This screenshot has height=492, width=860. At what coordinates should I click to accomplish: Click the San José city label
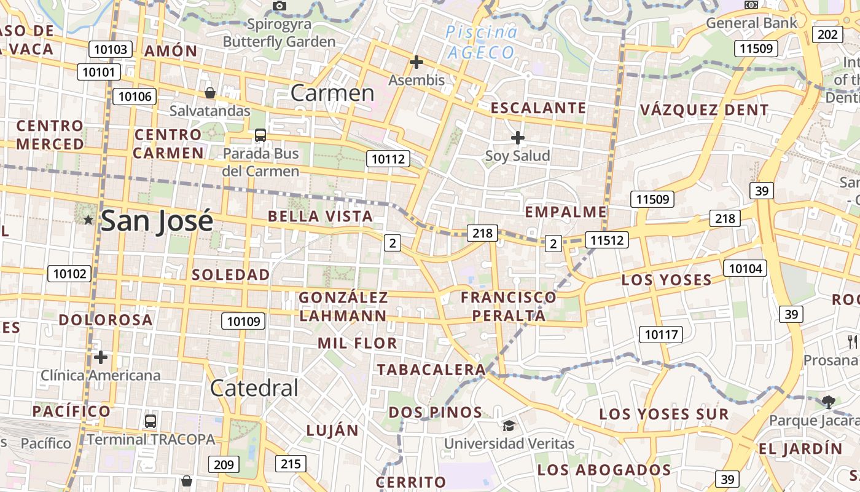[157, 221]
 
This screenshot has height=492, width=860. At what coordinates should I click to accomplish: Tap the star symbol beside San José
[88, 220]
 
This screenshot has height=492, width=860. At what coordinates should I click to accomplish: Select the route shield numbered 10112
[388, 159]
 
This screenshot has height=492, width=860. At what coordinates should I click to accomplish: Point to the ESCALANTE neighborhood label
[538, 108]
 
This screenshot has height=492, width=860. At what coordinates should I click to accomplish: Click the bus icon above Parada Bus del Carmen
[260, 135]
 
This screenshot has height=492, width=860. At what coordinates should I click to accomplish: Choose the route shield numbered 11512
[606, 240]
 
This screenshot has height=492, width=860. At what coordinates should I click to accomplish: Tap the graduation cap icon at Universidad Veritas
[509, 426]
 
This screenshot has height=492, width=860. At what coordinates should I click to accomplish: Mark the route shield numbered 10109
[244, 320]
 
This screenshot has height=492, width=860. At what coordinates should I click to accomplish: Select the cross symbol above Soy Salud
[518, 138]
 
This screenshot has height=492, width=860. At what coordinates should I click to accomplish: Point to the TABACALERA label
[431, 370]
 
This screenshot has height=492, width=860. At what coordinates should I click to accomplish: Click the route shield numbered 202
[827, 34]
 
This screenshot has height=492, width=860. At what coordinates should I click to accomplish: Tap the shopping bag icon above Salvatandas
[210, 93]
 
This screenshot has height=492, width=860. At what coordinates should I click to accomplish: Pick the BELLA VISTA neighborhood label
[320, 216]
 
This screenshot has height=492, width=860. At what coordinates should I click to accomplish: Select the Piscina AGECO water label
[482, 42]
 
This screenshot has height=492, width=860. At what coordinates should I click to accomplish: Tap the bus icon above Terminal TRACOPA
[150, 421]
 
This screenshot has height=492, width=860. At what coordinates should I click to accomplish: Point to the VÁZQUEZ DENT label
[704, 111]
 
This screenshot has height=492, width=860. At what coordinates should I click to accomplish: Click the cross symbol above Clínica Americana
[101, 357]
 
